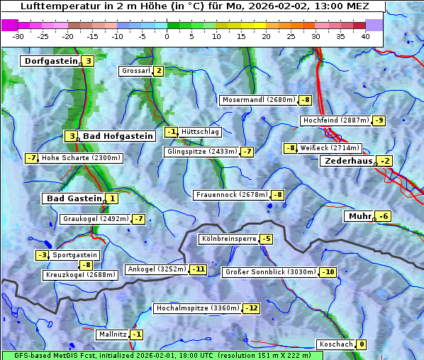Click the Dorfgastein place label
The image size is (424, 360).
point(50,61)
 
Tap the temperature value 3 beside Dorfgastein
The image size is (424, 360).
point(88,61)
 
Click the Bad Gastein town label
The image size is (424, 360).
point(74,198)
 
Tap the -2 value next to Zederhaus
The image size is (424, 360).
point(384,161)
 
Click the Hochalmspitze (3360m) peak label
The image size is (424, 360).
point(197,308)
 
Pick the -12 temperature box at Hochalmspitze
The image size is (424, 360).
point(252,308)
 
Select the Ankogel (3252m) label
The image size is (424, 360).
point(156,269)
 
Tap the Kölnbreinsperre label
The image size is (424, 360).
point(228,239)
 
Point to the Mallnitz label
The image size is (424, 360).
point(112,334)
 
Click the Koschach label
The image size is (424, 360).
point(335,344)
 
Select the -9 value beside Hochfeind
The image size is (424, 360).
point(379,120)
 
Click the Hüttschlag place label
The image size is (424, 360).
point(201,132)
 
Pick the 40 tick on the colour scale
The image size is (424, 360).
point(365,36)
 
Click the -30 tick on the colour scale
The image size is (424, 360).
point(18,36)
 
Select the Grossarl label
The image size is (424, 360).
point(136,71)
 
